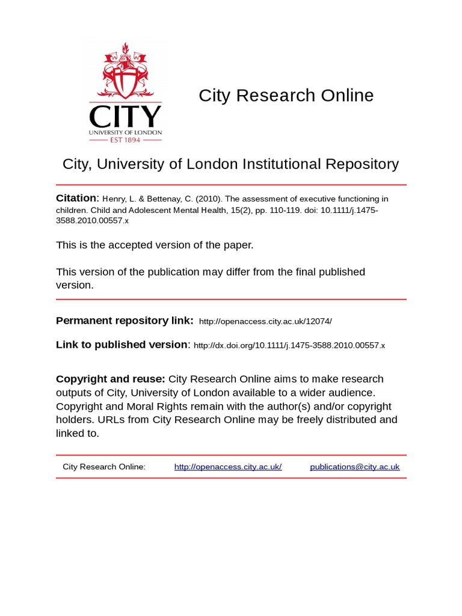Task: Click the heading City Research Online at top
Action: (286, 96)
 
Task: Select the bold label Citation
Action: (76, 199)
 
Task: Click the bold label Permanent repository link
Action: (125, 321)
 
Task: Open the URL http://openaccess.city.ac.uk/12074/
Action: (265, 322)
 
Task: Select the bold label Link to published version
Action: (122, 345)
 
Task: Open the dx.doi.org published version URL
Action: (289, 346)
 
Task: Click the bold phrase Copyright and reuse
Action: (110, 379)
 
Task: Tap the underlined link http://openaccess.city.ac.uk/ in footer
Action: (228, 467)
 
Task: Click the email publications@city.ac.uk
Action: (354, 467)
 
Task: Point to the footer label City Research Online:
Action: (104, 467)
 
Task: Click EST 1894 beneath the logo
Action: (125, 140)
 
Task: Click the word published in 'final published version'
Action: (335, 272)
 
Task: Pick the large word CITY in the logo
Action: (125, 116)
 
